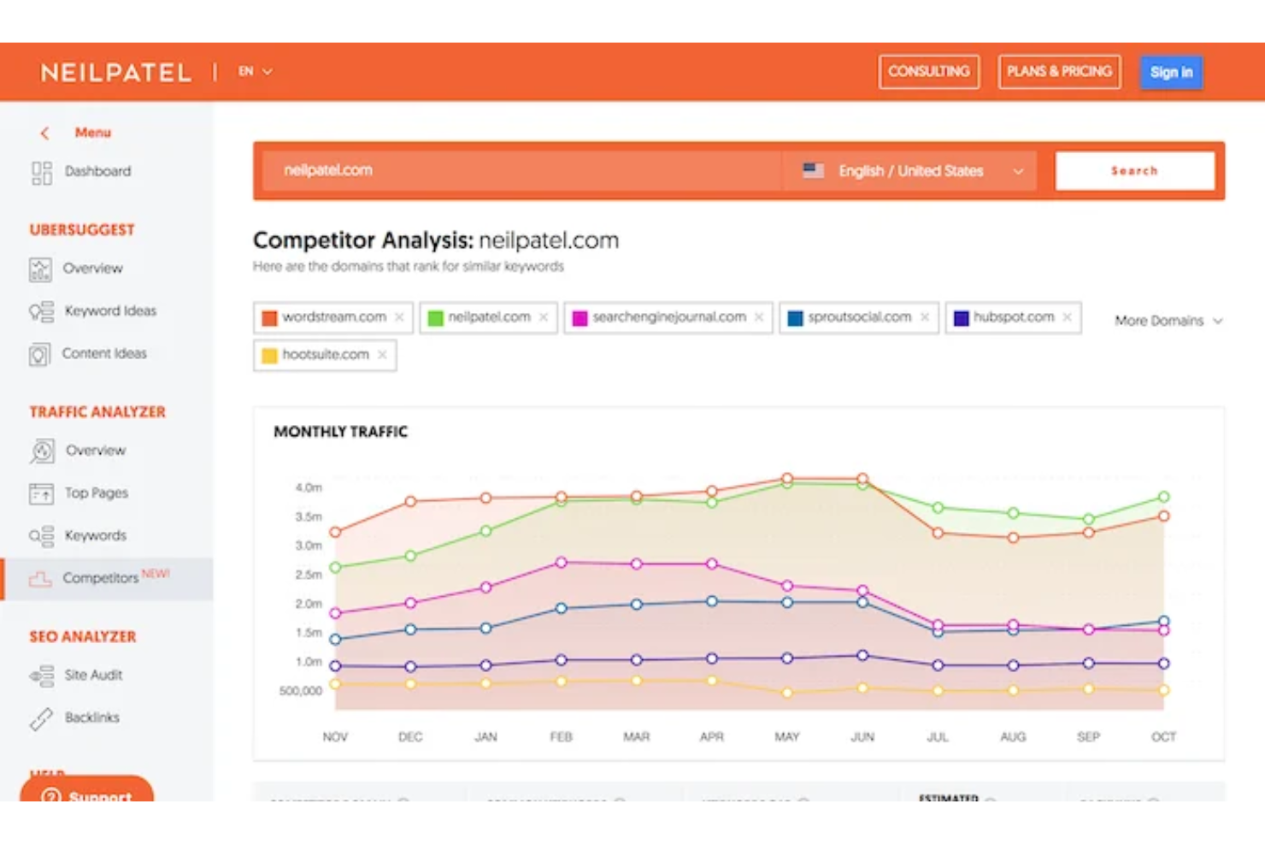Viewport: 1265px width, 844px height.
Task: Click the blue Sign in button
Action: [x=1171, y=73]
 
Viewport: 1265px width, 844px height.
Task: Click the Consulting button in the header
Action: [x=928, y=72]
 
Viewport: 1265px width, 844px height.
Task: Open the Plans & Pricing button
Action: [x=1059, y=72]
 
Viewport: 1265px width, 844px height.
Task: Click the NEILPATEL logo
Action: [x=116, y=73]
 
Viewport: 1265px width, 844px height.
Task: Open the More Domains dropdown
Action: [x=1168, y=321]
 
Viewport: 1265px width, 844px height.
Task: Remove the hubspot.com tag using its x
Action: [x=1067, y=317]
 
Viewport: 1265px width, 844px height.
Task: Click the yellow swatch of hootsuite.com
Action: [x=269, y=356]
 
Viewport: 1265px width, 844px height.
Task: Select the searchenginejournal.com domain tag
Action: [x=668, y=317]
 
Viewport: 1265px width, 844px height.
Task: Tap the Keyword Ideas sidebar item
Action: [x=109, y=311]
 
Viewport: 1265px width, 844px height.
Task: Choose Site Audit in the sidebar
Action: [x=93, y=676]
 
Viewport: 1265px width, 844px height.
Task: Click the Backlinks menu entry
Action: [x=91, y=718]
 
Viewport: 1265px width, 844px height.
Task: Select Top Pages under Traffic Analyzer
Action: [x=96, y=493]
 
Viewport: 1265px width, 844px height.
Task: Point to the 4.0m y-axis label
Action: [x=309, y=488]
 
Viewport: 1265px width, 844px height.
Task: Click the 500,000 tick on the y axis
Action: [x=300, y=691]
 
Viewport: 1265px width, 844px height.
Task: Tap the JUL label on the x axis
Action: [x=938, y=737]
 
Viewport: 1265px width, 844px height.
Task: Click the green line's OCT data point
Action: [x=1163, y=497]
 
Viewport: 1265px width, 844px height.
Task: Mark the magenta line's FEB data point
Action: [x=562, y=563]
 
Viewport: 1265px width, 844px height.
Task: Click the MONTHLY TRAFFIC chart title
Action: [x=340, y=433]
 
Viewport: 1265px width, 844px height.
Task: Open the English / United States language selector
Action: [x=911, y=171]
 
